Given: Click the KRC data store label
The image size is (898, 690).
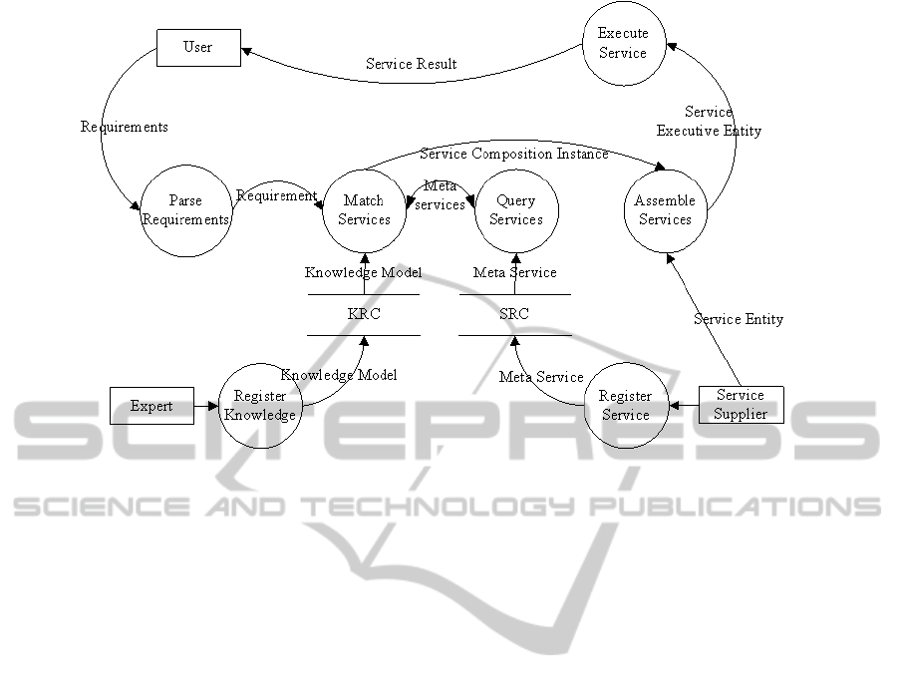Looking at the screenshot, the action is [x=364, y=314].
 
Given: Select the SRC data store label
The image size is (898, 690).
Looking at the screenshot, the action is [x=514, y=314].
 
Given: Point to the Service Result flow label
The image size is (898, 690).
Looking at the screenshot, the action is [x=412, y=64].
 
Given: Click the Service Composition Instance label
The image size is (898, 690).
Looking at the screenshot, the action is [x=513, y=154].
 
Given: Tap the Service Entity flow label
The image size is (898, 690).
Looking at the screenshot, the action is [x=739, y=319].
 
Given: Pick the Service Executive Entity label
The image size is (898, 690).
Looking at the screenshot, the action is [x=709, y=122].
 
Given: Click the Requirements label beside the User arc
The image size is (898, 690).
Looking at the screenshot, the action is [x=125, y=127].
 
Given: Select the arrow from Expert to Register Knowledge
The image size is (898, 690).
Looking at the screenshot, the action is [x=206, y=406].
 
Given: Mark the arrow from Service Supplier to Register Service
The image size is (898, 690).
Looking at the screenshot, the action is [x=684, y=406].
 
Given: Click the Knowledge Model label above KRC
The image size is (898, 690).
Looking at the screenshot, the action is [x=363, y=272].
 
